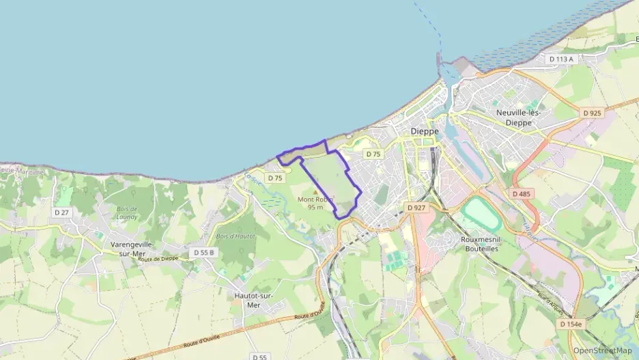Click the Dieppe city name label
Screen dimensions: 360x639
[x=425, y=131]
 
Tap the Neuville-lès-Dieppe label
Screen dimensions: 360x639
[x=518, y=117]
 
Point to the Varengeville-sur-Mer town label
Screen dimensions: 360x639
[x=133, y=248]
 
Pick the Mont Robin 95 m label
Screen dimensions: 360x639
[x=315, y=203]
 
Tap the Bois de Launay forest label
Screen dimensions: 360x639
[x=127, y=212]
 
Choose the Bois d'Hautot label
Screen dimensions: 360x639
[x=235, y=236]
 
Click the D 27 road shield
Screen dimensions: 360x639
[x=62, y=212]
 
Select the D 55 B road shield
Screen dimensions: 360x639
[x=203, y=252]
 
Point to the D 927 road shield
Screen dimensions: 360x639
[x=416, y=207]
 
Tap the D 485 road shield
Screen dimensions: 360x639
[x=522, y=194]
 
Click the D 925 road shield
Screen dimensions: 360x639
[x=592, y=112]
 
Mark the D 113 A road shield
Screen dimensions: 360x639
[x=561, y=59]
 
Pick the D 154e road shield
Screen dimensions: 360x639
[x=571, y=324]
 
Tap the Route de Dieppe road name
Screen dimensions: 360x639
[x=158, y=260]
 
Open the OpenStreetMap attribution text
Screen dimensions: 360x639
[x=603, y=350]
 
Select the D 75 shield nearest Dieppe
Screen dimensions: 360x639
[x=373, y=154]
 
